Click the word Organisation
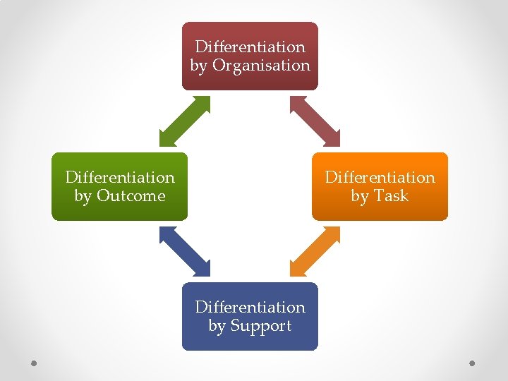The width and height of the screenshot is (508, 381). pos(261,66)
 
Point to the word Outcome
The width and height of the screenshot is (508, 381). pos(131,196)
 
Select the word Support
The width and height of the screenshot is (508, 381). pos(260,326)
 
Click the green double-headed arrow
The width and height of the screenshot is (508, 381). pos(184,121)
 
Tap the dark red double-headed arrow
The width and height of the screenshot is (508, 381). pos(315,121)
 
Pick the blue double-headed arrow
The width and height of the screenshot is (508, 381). pos(184,251)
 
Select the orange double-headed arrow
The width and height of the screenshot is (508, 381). pos(315,251)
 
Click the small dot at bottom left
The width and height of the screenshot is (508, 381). pos(35,363)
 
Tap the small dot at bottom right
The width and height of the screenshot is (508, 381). pos(473,363)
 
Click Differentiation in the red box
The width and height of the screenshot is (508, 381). pos(250,47)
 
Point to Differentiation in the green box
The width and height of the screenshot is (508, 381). pos(120,177)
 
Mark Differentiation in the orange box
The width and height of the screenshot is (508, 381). pos(380,177)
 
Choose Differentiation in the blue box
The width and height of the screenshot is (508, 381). pos(250,307)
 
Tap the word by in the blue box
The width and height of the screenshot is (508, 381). pos(217,327)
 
